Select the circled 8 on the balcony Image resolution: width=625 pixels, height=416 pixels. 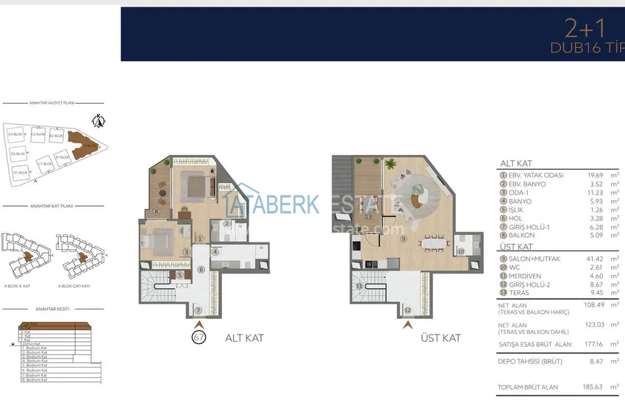157,212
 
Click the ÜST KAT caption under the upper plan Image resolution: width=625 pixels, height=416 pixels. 440,338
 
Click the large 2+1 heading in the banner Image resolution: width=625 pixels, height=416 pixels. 585,29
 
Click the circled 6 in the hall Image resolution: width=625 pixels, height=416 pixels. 200,270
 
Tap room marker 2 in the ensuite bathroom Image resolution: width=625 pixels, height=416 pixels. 227,224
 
